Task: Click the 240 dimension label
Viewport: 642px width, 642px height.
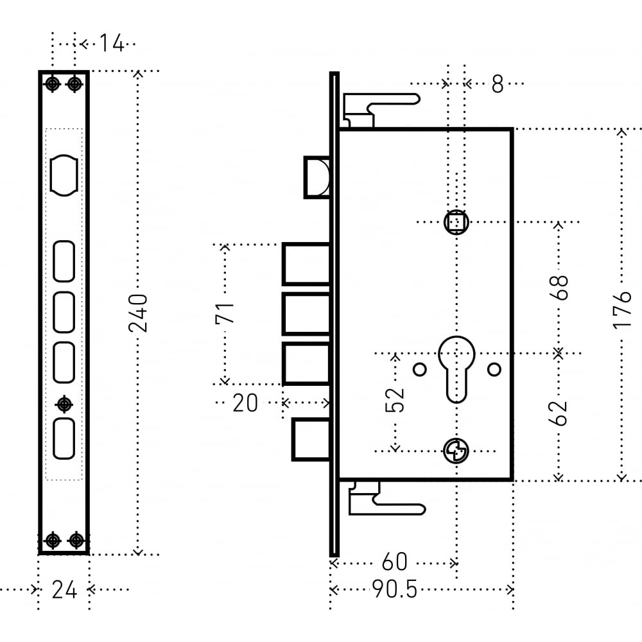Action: pyautogui.click(x=137, y=313)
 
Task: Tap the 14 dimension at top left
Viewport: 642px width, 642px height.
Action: pyautogui.click(x=111, y=43)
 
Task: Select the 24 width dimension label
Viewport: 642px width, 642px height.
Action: pyautogui.click(x=64, y=590)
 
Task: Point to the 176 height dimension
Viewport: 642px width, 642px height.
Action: pyautogui.click(x=622, y=309)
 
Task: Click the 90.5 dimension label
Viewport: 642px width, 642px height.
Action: pyautogui.click(x=395, y=590)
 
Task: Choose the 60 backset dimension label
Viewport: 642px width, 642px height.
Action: pyautogui.click(x=394, y=562)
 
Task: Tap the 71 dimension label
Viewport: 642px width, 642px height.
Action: pyautogui.click(x=225, y=313)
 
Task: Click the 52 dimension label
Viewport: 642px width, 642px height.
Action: pyautogui.click(x=395, y=399)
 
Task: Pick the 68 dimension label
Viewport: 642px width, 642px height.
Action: pyautogui.click(x=559, y=288)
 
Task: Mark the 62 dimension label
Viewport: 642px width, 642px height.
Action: pyautogui.click(x=558, y=413)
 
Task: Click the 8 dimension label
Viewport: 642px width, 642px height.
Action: pyautogui.click(x=498, y=84)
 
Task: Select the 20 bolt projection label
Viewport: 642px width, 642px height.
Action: pyautogui.click(x=245, y=403)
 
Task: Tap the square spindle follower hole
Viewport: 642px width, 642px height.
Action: pyautogui.click(x=456, y=222)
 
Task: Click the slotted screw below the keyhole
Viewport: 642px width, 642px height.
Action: pyautogui.click(x=456, y=451)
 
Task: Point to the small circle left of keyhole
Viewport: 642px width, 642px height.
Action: pyautogui.click(x=420, y=369)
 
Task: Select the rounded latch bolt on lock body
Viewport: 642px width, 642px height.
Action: pyautogui.click(x=317, y=177)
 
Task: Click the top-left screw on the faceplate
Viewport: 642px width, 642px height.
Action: pyautogui.click(x=52, y=84)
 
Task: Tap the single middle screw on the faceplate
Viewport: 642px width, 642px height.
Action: pyautogui.click(x=64, y=404)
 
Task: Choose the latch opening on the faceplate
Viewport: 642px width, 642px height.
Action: pyautogui.click(x=64, y=175)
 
